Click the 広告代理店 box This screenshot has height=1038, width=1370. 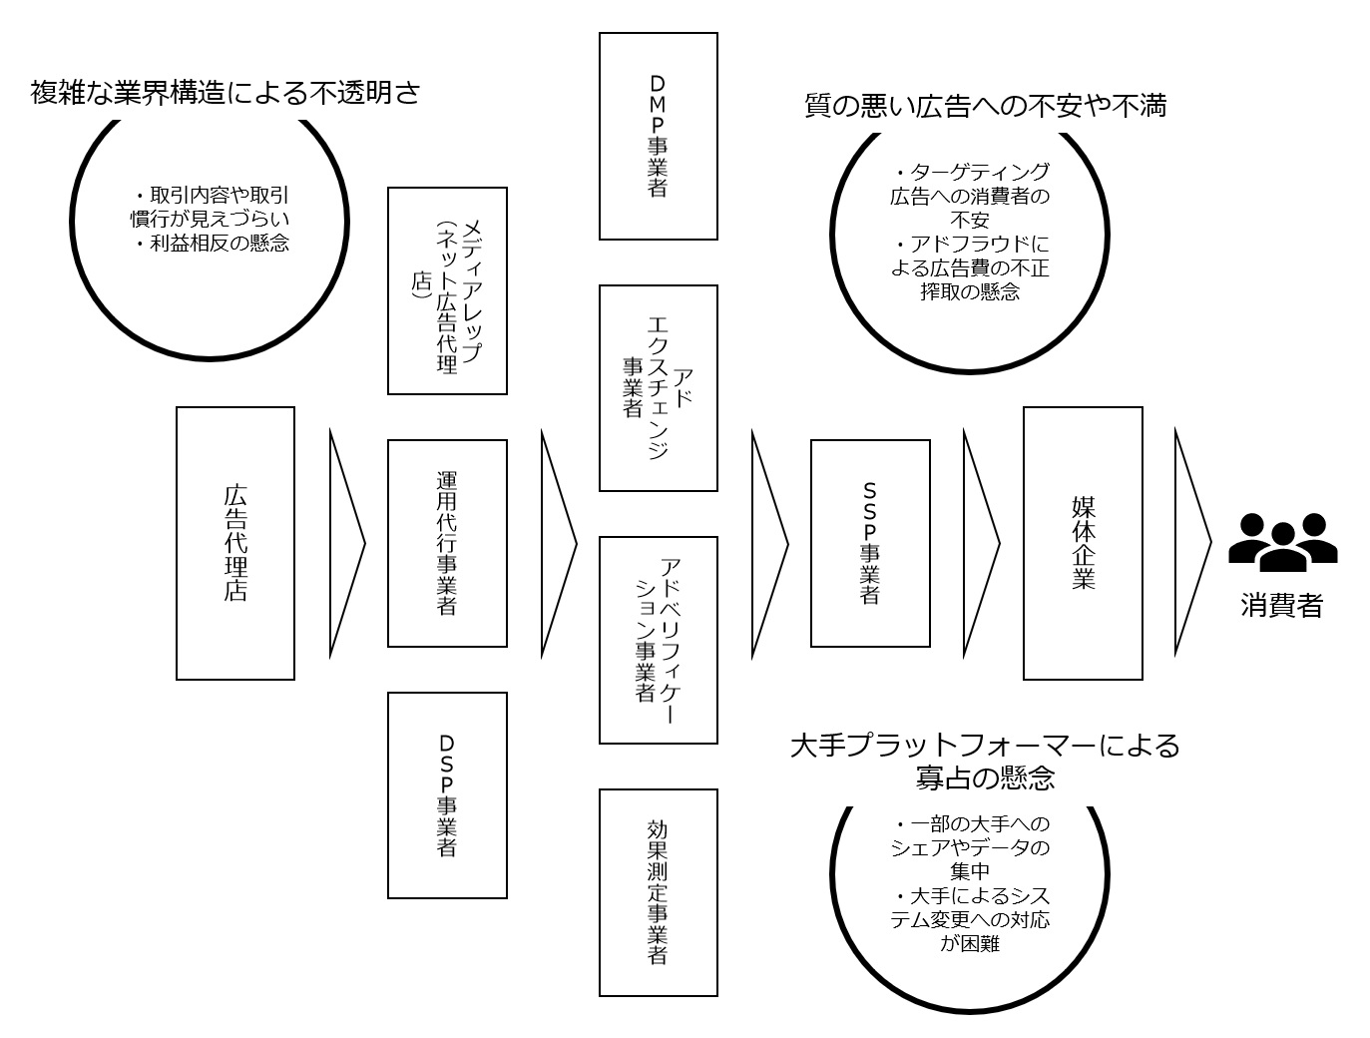pos(235,543)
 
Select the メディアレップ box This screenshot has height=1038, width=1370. pos(447,290)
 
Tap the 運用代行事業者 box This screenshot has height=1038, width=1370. pos(447,543)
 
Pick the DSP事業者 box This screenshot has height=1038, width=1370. pos(447,795)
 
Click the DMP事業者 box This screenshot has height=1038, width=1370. pos(658,136)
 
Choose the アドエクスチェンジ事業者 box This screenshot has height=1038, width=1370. pos(658,388)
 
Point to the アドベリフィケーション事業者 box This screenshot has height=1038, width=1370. pos(658,640)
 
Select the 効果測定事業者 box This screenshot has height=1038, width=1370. pos(658,892)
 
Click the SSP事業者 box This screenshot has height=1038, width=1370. pos(870,543)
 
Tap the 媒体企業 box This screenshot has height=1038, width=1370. pos(1083,543)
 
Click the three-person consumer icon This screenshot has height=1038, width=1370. pos(1282,542)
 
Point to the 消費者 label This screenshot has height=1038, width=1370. pos(1282,606)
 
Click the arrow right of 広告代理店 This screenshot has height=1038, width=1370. pos(345,543)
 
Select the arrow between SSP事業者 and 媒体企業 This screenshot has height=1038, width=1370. pos(979,543)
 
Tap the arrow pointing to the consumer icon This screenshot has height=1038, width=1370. pos(1190,543)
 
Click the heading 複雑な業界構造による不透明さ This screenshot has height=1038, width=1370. pos(226,93)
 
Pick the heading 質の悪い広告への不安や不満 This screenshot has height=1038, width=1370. pos(985,105)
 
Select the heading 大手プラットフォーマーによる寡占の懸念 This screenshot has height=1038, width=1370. pos(985,762)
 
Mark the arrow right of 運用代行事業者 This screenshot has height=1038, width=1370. pos(557,543)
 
